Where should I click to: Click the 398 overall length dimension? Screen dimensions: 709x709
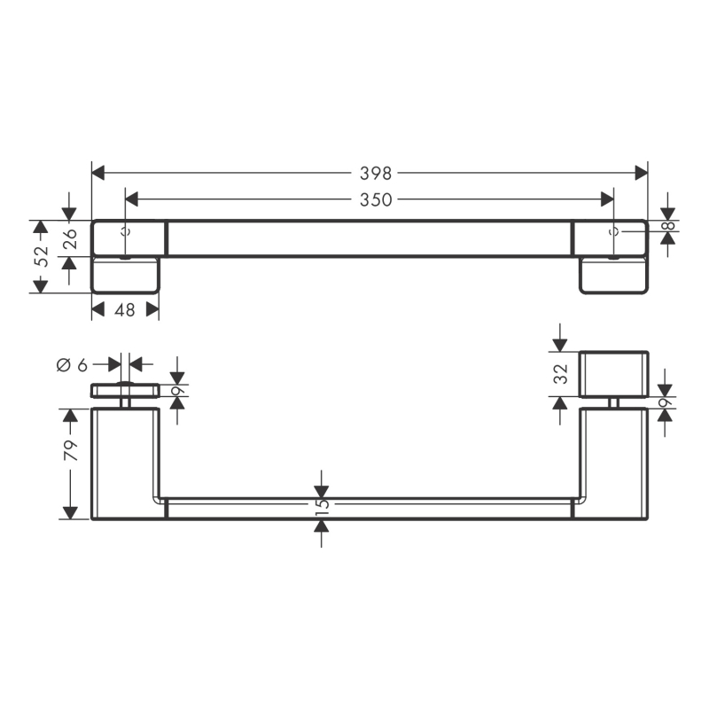point(375,173)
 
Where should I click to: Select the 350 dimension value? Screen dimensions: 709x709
point(375,200)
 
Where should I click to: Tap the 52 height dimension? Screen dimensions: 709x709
point(42,256)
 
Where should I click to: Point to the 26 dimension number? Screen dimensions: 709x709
point(70,239)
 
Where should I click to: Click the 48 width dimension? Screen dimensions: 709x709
point(125,310)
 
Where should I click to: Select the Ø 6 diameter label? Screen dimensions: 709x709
point(72,365)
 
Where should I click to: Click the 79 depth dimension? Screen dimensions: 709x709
point(71,451)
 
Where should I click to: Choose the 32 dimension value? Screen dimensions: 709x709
point(561,374)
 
